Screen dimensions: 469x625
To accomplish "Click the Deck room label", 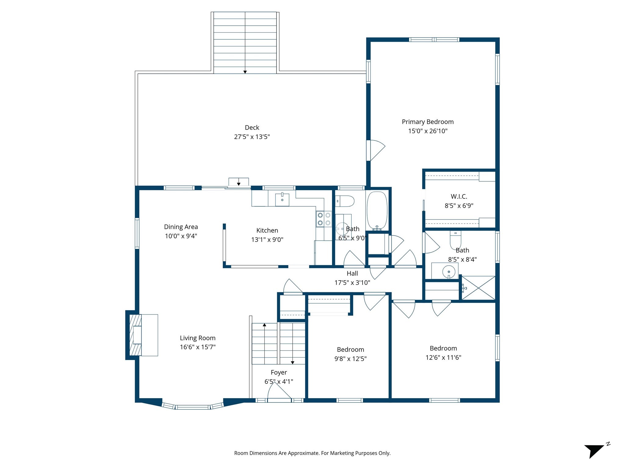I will click(252, 128).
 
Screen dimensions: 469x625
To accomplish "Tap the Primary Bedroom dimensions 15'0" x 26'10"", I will click(428, 131).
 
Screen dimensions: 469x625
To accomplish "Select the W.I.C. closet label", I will click(459, 197).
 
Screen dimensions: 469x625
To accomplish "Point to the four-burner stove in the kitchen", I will click(324, 219).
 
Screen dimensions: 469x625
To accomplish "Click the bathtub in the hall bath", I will click(377, 211).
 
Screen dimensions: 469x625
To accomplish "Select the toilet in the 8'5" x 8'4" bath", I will click(455, 240).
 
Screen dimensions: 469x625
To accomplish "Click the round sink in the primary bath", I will click(449, 271).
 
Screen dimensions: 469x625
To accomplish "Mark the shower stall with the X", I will click(478, 288).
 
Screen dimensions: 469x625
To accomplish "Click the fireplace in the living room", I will click(136, 335).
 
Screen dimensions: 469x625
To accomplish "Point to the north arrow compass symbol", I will click(594, 451).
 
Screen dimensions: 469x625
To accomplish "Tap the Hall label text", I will click(352, 274).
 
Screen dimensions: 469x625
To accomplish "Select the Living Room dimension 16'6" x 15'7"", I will click(197, 347).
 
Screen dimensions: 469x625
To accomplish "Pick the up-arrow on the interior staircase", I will click(264, 325).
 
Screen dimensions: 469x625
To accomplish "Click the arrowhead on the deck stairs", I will click(245, 72).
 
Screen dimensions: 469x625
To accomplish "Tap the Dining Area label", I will click(181, 227).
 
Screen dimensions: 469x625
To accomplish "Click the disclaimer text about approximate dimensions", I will click(312, 453).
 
